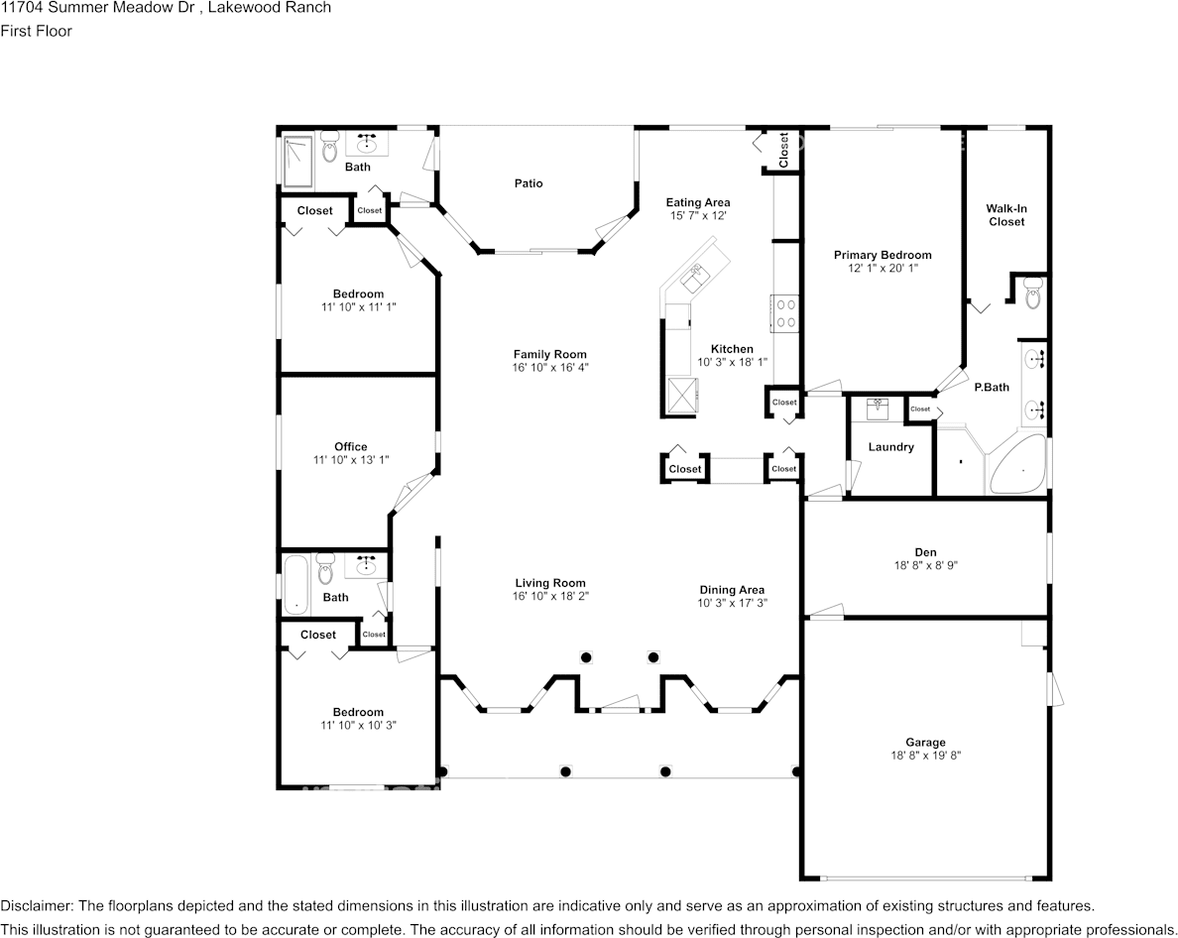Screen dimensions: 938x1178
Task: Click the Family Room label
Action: click(549, 354)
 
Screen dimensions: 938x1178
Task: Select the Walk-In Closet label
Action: click(1004, 215)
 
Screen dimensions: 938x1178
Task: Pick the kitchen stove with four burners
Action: click(785, 313)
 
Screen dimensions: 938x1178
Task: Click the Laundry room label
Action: click(890, 447)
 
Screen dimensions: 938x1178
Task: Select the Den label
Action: click(925, 552)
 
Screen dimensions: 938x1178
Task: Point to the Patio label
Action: click(529, 183)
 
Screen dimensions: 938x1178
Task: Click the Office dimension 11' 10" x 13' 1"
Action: click(351, 460)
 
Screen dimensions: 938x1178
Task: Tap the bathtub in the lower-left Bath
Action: click(296, 585)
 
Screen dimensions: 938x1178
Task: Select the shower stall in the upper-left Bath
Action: click(297, 162)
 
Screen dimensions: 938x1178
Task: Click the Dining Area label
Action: click(732, 589)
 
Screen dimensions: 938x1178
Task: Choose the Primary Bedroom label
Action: click(883, 255)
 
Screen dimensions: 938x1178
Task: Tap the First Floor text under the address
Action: click(37, 31)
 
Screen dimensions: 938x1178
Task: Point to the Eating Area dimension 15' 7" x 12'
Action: click(698, 216)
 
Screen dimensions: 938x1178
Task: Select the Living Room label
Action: click(549, 583)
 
